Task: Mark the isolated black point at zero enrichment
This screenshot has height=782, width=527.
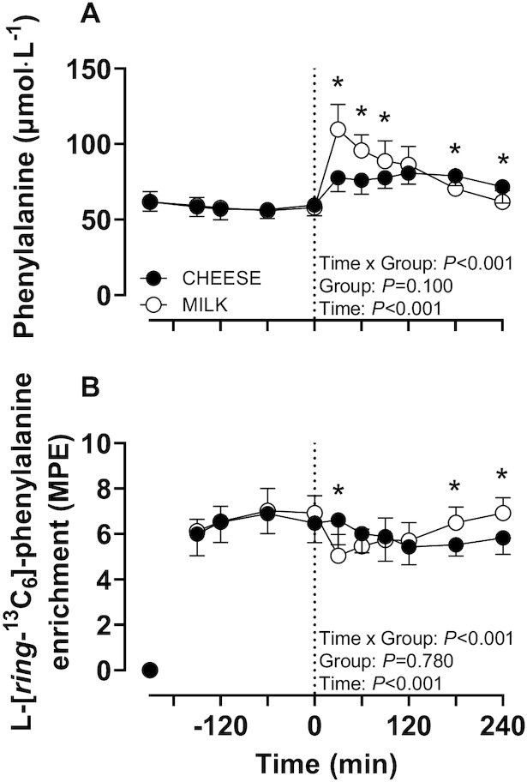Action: tap(149, 670)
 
